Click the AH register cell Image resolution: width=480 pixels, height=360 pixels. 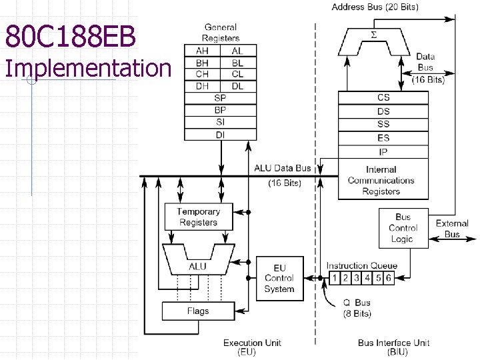point(202,51)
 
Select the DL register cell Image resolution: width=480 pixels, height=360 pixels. point(237,85)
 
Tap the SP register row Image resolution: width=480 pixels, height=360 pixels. point(220,97)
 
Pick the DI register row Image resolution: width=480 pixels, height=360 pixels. point(220,134)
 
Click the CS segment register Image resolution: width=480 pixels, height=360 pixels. point(383,98)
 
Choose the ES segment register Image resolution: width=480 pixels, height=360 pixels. point(383,138)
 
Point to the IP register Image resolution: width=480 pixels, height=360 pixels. point(383,151)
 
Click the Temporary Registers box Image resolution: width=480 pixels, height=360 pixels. point(199,217)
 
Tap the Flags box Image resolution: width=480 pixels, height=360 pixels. point(198,311)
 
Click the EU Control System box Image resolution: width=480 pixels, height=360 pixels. point(279,278)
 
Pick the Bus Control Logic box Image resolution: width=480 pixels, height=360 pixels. point(403,228)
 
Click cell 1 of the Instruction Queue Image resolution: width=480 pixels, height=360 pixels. point(335,278)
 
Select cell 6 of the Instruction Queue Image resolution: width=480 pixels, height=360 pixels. point(389,278)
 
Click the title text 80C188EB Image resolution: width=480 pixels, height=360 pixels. point(71,37)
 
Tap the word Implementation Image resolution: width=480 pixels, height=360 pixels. point(87,68)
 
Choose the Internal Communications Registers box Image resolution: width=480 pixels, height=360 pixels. point(381,180)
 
